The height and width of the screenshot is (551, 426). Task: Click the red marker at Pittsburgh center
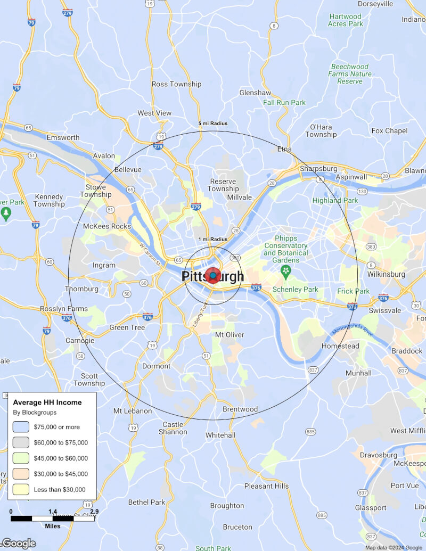coord(213,275)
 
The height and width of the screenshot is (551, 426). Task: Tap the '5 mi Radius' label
coord(213,124)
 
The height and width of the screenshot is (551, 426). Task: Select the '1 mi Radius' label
coord(213,240)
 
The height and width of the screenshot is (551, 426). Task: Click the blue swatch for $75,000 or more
coord(21,426)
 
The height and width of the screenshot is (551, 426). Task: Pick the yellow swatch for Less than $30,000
coord(21,489)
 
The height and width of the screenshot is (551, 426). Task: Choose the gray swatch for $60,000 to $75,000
coord(21,442)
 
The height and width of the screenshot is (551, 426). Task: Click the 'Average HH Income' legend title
coord(47,402)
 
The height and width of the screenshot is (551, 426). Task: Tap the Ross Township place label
coord(177,84)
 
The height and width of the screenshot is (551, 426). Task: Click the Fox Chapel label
coord(389,131)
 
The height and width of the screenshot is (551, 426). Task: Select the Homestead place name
coord(340,346)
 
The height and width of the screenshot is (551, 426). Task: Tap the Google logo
coord(19,544)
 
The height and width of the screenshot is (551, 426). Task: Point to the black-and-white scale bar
coord(53,518)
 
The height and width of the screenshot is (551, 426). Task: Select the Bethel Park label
coord(146,502)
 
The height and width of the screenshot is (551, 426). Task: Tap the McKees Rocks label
coord(106,226)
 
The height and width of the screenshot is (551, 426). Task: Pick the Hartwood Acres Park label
coord(346,20)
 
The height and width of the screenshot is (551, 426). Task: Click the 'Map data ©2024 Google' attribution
coord(394,547)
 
